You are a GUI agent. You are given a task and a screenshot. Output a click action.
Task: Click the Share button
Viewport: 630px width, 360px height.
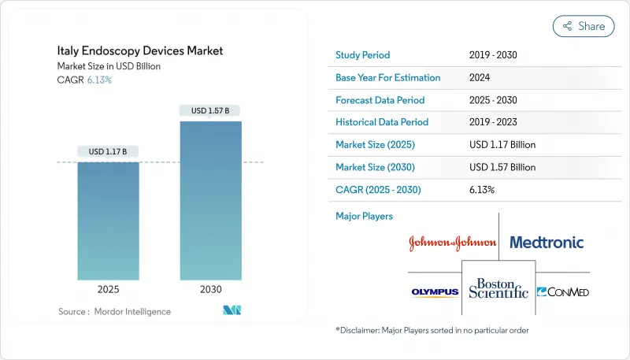[x=584, y=26]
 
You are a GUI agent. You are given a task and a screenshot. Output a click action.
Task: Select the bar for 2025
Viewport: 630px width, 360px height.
[x=109, y=221]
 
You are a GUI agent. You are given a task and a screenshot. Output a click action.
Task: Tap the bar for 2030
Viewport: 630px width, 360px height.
[x=210, y=200]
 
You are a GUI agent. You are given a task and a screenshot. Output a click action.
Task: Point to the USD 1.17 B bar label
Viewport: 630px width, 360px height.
[x=109, y=151]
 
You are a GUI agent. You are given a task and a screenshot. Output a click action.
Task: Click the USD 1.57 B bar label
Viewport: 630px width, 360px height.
[x=210, y=111]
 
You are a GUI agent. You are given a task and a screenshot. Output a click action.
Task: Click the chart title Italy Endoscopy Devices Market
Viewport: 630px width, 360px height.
[x=140, y=50]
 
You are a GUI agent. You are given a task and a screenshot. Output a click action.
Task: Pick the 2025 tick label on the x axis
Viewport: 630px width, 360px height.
[x=109, y=290]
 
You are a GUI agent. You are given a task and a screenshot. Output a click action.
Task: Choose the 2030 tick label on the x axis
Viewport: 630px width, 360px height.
[x=210, y=290]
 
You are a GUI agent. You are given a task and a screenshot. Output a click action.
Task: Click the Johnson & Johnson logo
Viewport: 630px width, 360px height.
[x=452, y=243]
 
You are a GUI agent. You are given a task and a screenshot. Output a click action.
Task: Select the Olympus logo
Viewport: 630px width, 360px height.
[x=435, y=292]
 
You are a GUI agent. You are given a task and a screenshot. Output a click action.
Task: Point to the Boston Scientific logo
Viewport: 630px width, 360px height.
[x=498, y=288]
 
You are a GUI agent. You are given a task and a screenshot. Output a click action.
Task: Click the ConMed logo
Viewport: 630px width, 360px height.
[x=562, y=292]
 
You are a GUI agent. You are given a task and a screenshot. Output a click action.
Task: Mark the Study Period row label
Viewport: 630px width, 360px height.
[x=363, y=55]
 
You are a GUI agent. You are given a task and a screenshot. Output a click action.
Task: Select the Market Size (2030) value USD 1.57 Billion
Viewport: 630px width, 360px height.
[x=502, y=167]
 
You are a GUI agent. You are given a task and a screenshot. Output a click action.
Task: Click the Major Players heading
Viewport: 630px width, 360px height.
[x=364, y=216]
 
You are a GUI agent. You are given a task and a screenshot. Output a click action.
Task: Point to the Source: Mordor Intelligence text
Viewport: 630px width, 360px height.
[x=114, y=312]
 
